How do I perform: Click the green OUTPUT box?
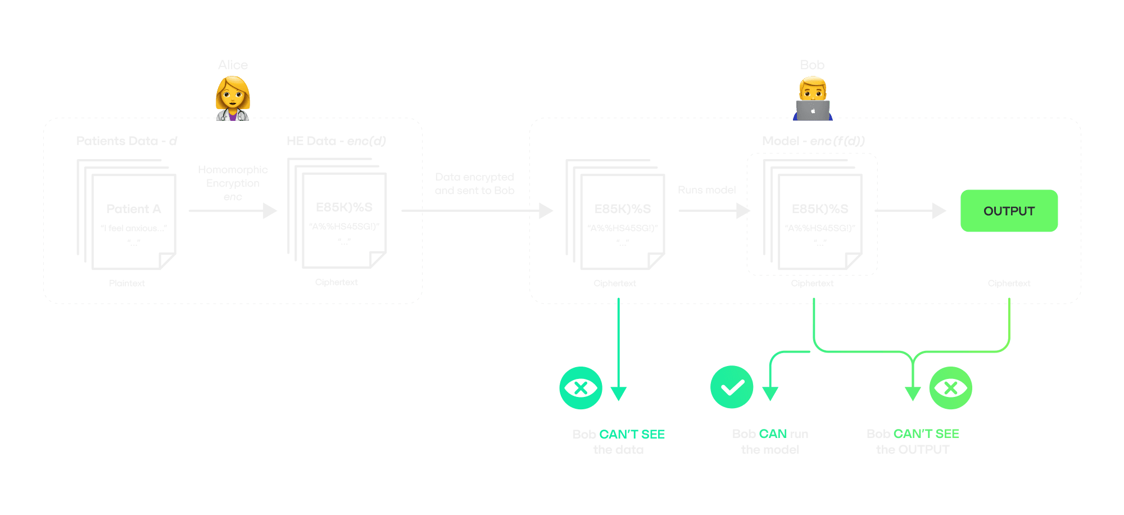[x=1009, y=211]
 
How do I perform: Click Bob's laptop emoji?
[x=813, y=110]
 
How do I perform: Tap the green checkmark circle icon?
[x=732, y=387]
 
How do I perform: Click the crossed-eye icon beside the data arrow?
[x=581, y=388]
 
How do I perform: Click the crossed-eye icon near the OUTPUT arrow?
[x=950, y=388]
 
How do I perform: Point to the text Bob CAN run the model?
[x=770, y=441]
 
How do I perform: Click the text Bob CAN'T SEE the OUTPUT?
[x=913, y=441]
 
